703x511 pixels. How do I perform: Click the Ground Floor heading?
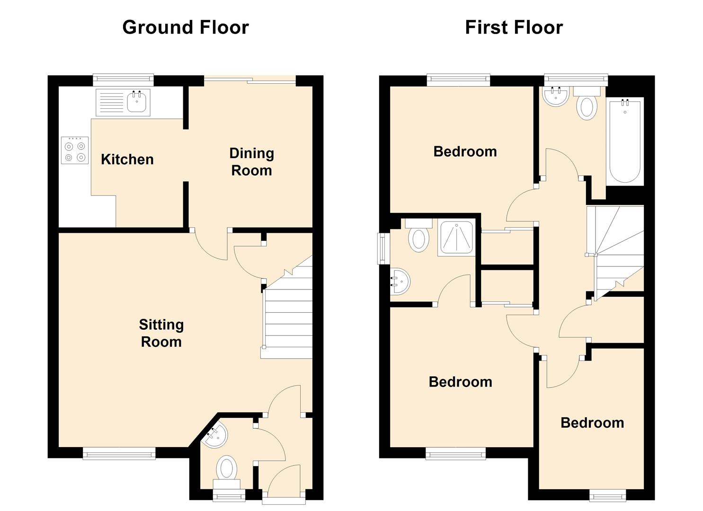coord(186,27)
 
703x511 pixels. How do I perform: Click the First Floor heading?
coord(514,27)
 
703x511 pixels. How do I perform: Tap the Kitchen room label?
coord(127,159)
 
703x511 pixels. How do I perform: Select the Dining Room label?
coord(252,162)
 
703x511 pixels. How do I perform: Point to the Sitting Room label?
coord(161,333)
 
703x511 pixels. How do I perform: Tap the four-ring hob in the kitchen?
coord(75,150)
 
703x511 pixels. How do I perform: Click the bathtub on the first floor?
coord(625,141)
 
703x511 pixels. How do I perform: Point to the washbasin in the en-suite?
coord(400,281)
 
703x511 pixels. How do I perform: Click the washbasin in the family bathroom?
coord(555,96)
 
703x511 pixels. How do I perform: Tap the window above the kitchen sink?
coord(124,80)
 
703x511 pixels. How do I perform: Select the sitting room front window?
coord(119,454)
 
